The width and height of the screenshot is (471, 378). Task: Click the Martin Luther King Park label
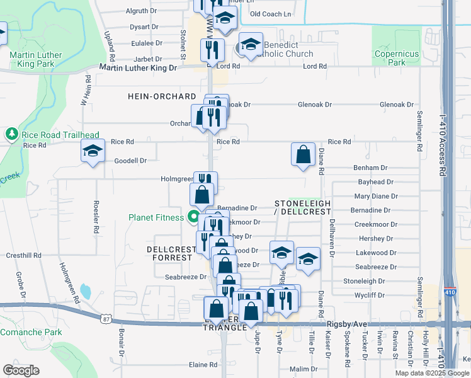[36, 59]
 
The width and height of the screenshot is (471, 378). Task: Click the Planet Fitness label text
[156, 217]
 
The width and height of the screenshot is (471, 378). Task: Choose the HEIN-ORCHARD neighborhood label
[162, 96]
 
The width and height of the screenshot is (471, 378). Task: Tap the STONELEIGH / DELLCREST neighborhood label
[302, 207]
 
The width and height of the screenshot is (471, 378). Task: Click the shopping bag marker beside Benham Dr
[303, 154]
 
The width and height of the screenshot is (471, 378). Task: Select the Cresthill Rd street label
[23, 256]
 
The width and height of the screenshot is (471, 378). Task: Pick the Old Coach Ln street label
[271, 13]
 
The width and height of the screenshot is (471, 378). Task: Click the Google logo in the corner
[21, 370]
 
